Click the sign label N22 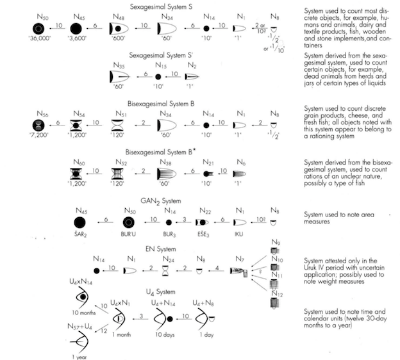tap(205, 211)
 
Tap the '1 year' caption tap(79, 356)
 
